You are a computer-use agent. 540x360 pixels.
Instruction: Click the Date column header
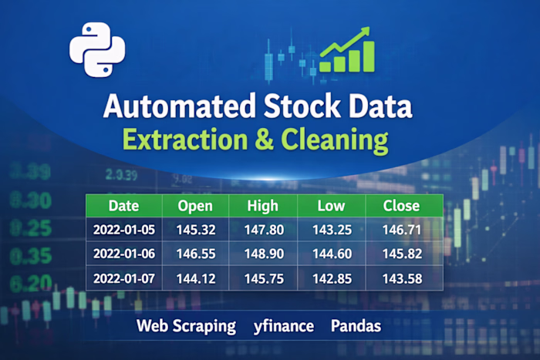123,206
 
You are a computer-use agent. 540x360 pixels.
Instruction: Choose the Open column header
195,206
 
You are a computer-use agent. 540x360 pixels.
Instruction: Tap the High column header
263,206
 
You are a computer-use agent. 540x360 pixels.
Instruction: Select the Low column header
331,206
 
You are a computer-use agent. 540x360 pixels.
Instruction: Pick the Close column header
403,206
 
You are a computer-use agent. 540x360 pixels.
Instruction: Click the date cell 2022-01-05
123,229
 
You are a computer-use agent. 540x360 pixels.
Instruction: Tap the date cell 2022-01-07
123,278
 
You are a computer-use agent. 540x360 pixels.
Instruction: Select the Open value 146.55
195,254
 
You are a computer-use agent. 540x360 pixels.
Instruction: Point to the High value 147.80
263,229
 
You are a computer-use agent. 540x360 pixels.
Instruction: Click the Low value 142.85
331,278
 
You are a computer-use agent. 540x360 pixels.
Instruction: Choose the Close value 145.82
403,254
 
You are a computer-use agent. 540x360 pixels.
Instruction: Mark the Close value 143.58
403,278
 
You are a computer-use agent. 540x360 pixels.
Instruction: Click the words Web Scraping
186,326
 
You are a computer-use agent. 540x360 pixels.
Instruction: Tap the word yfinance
283,326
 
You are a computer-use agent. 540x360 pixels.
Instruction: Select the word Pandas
356,326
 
